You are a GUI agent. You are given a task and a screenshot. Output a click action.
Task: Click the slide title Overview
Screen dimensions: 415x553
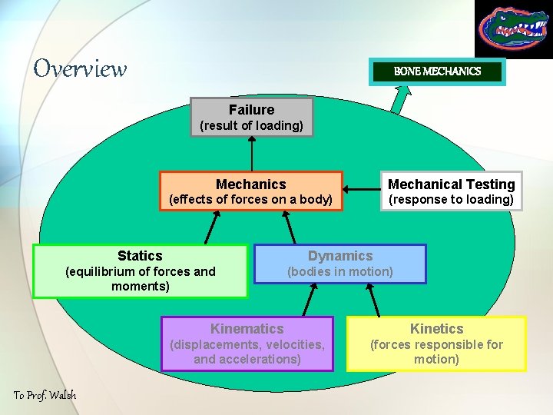tap(80, 69)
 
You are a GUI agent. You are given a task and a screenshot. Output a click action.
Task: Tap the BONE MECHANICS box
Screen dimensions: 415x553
tap(437, 71)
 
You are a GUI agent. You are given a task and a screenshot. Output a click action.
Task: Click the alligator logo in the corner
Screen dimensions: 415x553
tap(512, 29)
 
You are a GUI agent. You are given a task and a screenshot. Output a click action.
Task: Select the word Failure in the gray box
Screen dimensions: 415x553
tap(251, 110)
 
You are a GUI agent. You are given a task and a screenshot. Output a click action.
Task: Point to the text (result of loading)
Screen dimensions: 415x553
tap(251, 125)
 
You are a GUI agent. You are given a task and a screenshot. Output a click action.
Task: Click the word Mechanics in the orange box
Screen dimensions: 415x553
tap(250, 184)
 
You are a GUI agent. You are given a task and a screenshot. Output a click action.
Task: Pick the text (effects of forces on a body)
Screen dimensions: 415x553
tap(250, 200)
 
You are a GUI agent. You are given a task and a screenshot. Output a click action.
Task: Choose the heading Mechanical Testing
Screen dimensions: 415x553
tap(451, 184)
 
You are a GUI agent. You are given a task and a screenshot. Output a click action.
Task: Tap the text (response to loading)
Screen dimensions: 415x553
tap(451, 200)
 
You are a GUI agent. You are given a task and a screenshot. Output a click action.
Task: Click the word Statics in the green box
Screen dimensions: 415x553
tap(140, 256)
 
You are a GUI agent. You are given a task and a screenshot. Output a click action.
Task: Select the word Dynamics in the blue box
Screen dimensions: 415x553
tap(340, 256)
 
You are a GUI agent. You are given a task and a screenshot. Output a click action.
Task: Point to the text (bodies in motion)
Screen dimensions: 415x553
tap(340, 271)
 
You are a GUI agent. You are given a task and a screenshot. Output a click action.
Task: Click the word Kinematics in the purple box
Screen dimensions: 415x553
tap(247, 329)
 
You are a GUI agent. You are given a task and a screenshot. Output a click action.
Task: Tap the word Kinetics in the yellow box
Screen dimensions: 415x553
tap(436, 329)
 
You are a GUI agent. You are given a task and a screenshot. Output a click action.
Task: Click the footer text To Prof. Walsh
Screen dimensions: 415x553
tap(45, 395)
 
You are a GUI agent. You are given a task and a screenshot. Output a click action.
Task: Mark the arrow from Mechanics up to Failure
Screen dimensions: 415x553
tap(251, 154)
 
